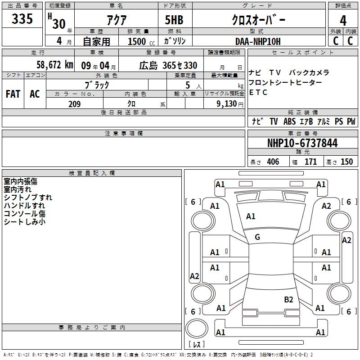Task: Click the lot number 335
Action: pyautogui.click(x=22, y=18)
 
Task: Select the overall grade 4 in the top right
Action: pyautogui.click(x=343, y=21)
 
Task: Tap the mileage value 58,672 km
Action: pyautogui.click(x=55, y=65)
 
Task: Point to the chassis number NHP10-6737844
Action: pyautogui.click(x=302, y=143)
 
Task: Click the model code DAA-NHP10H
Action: pyautogui.click(x=258, y=41)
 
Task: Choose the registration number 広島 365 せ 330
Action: pyautogui.click(x=168, y=66)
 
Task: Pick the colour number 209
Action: pyautogui.click(x=74, y=104)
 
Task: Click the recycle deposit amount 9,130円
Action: pyautogui.click(x=230, y=104)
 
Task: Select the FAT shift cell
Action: pyautogui.click(x=13, y=94)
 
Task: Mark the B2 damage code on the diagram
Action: pyautogui.click(x=288, y=300)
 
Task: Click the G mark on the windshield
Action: pyautogui.click(x=257, y=237)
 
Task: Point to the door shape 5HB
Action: pyautogui.click(x=174, y=20)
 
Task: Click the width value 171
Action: pyautogui.click(x=310, y=162)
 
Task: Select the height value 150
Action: pyautogui.click(x=346, y=162)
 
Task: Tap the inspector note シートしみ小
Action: pyautogui.click(x=25, y=222)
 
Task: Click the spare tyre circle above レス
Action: pyautogui.click(x=197, y=328)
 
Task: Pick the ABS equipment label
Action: pyautogui.click(x=289, y=121)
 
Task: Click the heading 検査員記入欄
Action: pyautogui.click(x=92, y=173)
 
